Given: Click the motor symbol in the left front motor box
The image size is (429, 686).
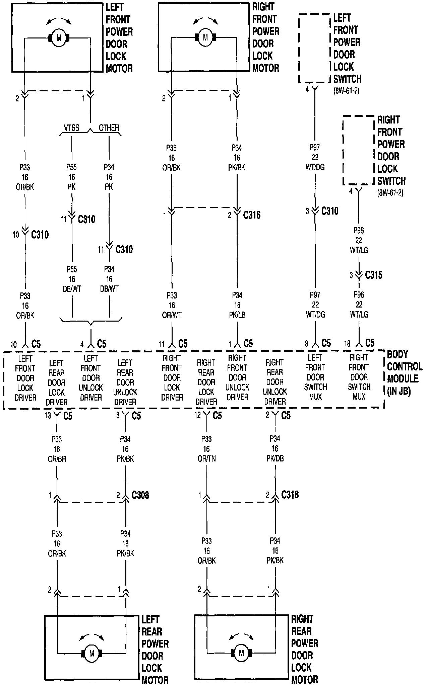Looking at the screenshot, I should point(59,38).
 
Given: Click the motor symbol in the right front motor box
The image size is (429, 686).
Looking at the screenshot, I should point(205,38).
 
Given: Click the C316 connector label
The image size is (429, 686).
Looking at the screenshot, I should point(252,215).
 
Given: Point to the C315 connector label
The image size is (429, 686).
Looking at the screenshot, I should point(373,275).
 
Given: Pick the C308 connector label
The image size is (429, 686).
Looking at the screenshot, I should point(140,495).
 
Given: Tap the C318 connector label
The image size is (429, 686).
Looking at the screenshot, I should point(290,495).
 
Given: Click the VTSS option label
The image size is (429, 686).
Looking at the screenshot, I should point(72,128).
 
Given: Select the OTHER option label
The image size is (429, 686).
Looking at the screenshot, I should point(109,128).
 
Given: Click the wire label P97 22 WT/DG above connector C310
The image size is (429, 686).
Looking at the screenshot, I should point(315,157).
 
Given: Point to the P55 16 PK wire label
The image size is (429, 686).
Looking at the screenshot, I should point(72,177).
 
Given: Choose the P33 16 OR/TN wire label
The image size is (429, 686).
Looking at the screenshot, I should point(206,449).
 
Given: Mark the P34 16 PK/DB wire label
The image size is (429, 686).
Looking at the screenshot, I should point(275,448).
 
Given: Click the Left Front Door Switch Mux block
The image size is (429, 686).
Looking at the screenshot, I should point(315,377).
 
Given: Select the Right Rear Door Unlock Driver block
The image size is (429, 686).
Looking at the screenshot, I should point(275,382).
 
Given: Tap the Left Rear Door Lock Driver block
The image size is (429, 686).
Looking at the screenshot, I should point(56,382).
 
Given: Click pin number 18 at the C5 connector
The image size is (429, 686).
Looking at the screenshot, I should point(347,344).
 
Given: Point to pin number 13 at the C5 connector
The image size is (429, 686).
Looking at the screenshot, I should point(48,416).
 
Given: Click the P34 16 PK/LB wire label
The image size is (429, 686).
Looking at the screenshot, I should point(237,305).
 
